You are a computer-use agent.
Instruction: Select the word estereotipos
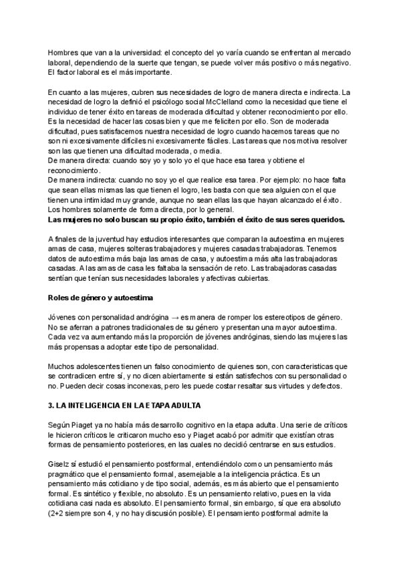(x=287, y=317)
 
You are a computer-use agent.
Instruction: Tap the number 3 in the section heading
(x=51, y=406)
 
